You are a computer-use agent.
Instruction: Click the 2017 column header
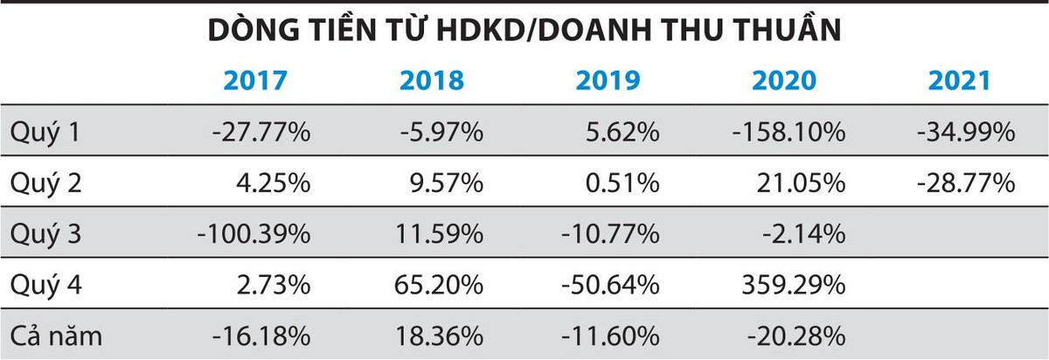click(255, 80)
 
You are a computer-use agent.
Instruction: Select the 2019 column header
click(608, 80)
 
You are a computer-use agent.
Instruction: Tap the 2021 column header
click(959, 80)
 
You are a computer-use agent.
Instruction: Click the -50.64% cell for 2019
click(612, 285)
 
